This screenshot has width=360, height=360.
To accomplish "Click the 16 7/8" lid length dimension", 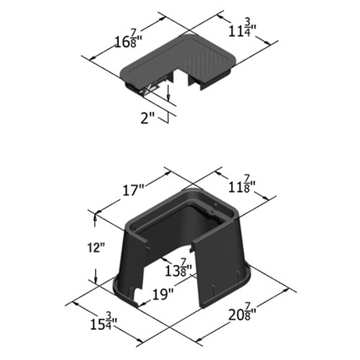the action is click(x=129, y=39).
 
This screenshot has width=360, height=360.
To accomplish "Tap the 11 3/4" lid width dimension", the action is click(x=242, y=29).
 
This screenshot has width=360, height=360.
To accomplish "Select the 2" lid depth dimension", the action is click(x=148, y=118).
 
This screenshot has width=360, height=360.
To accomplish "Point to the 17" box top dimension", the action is click(x=133, y=191).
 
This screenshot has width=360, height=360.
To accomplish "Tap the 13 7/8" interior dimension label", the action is click(x=178, y=268).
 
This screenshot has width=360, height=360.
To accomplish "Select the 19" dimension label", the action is click(x=162, y=294).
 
